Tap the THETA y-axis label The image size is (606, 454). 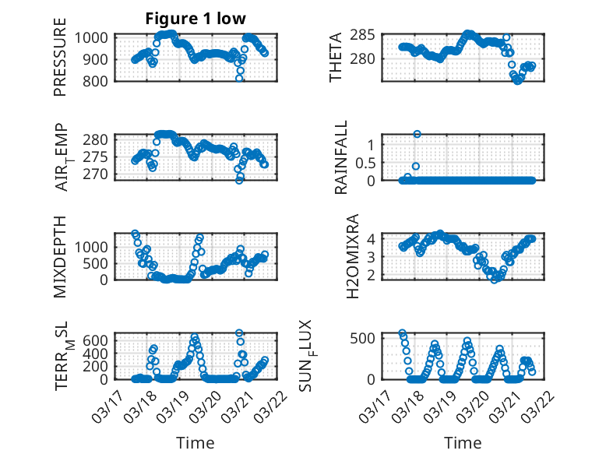pyautogui.click(x=336, y=58)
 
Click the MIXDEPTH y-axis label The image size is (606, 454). pyautogui.click(x=60, y=256)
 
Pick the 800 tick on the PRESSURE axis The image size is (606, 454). pyautogui.click(x=99, y=80)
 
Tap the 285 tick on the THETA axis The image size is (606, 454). pyautogui.click(x=367, y=35)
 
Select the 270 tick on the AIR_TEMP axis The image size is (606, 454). pyautogui.click(x=99, y=174)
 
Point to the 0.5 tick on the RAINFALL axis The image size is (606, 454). pyautogui.click(x=367, y=162)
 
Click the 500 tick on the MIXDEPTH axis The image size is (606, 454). pyautogui.click(x=99, y=262)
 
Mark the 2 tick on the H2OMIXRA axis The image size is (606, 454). pyautogui.click(x=374, y=274)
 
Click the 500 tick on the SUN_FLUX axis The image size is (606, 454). pyautogui.click(x=367, y=337)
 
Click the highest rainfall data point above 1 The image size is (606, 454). pyautogui.click(x=417, y=134)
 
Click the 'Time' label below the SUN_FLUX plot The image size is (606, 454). pyautogui.click(x=463, y=442)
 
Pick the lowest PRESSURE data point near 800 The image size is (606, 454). pyautogui.click(x=240, y=79)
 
